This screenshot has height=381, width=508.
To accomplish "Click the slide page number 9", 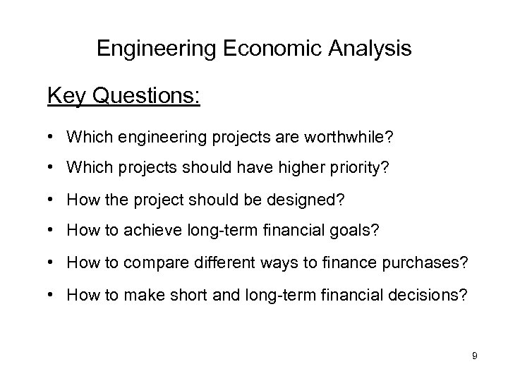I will pyautogui.click(x=475, y=356).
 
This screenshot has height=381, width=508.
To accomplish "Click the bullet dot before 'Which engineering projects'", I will pyautogui.click(x=54, y=135).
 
